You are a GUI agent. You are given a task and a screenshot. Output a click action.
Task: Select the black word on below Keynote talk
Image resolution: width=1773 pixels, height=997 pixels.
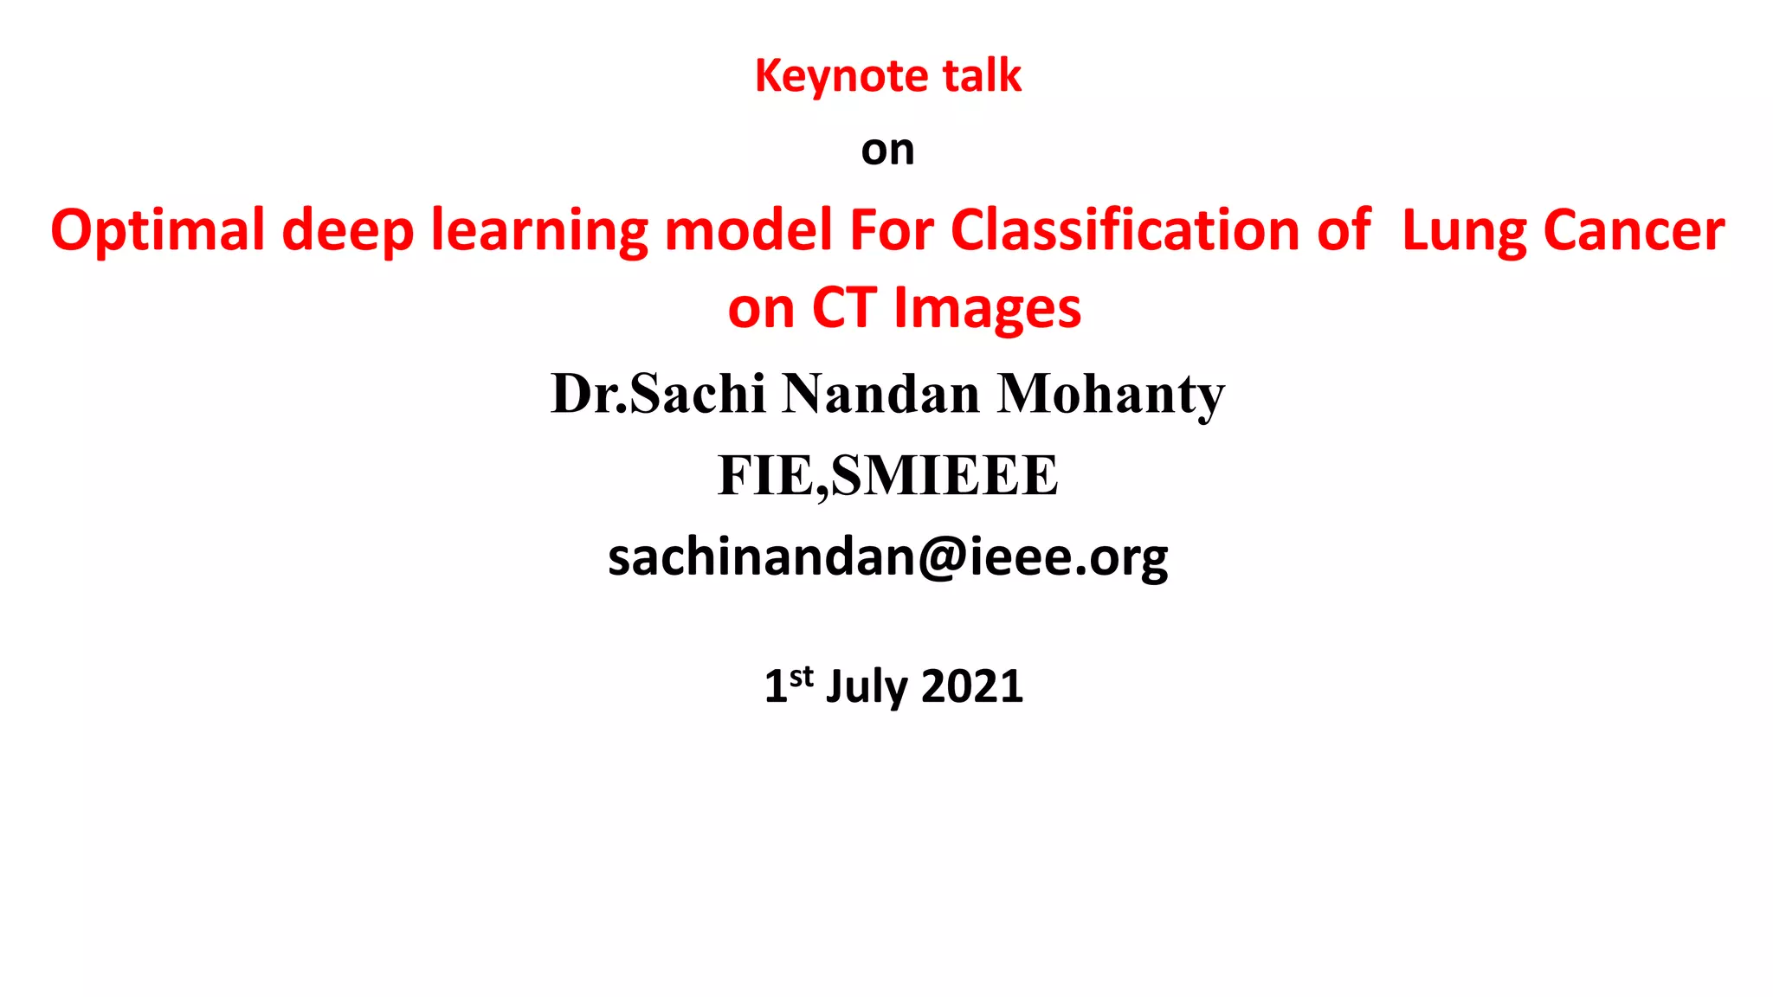[x=887, y=151]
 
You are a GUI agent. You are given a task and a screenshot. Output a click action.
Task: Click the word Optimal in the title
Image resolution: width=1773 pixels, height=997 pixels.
[x=158, y=231]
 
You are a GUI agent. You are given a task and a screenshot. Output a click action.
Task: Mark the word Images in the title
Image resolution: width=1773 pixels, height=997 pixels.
[x=987, y=310]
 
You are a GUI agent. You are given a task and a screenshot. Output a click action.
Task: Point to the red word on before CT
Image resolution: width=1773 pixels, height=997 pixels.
[x=761, y=310]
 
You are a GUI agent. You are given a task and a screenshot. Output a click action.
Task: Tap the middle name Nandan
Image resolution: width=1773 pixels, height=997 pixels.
[x=880, y=394]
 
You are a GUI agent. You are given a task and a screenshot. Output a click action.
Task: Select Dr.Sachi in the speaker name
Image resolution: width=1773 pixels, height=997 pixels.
[x=658, y=394]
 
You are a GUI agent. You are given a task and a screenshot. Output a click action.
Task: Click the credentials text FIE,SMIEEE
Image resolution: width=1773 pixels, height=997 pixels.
[x=887, y=476]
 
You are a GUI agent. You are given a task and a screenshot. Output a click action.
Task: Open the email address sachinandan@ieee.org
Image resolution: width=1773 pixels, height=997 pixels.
[x=887, y=557]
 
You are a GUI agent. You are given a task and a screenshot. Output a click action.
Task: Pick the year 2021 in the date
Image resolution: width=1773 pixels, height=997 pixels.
[x=972, y=686]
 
